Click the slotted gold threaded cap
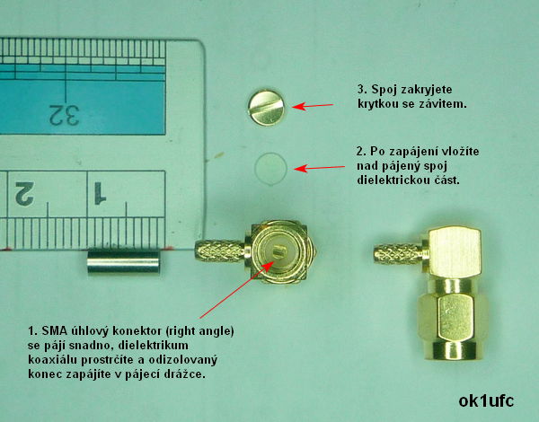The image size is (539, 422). [267, 108]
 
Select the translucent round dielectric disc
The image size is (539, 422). [271, 169]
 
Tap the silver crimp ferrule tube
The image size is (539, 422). [123, 262]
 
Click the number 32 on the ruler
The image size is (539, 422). [65, 115]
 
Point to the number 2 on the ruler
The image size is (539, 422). [25, 194]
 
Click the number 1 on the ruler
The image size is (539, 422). [100, 193]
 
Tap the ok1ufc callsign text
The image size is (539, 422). [486, 401]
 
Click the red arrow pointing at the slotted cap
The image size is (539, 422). [313, 106]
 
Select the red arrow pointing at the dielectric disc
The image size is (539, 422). [319, 168]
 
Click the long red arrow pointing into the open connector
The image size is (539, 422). [237, 289]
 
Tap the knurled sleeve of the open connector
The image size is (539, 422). [220, 251]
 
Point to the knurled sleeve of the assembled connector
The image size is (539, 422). [399, 255]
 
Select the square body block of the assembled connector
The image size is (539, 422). [454, 252]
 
